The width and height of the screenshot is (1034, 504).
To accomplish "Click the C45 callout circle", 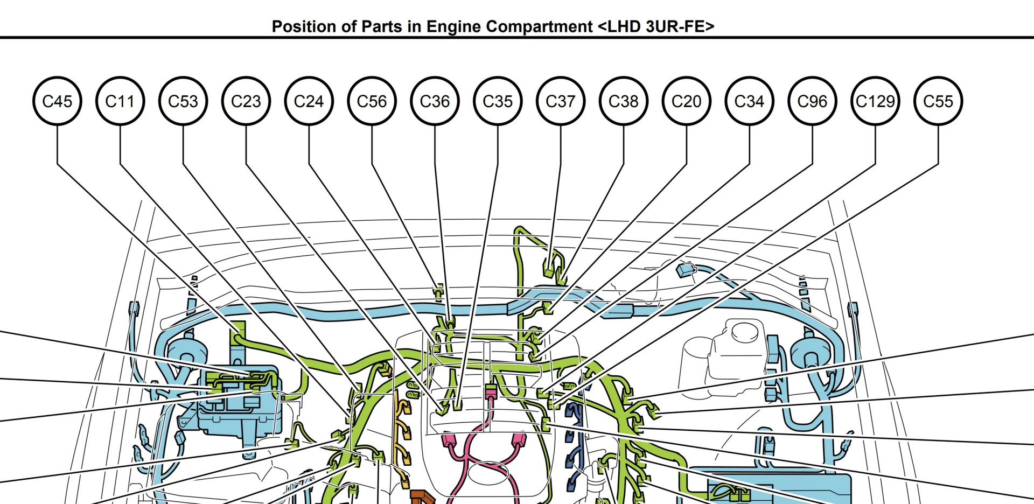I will pos(57,101).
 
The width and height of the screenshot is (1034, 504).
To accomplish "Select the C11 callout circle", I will pos(120,101).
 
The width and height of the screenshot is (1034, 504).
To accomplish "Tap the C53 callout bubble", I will pos(183,101).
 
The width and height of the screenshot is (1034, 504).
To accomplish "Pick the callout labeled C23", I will pos(246,101).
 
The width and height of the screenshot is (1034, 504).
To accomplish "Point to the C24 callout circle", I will pos(309,101).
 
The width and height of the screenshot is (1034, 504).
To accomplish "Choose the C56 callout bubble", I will pos(372,101).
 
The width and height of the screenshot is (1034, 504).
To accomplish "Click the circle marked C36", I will pos(435,101).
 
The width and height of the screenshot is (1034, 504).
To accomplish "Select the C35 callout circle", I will pos(498,101).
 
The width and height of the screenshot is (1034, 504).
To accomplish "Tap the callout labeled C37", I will pos(561,101).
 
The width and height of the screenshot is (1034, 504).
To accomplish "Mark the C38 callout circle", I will pos(624,101).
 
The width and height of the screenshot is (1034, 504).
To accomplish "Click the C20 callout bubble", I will pos(687,101).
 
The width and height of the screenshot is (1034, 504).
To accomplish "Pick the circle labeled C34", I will pos(750,101).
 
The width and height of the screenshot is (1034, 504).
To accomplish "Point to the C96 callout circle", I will pos(812,101).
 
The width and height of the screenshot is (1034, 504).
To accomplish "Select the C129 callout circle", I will pos(875,101).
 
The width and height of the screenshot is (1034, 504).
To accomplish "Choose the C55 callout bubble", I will pos(938,101).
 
